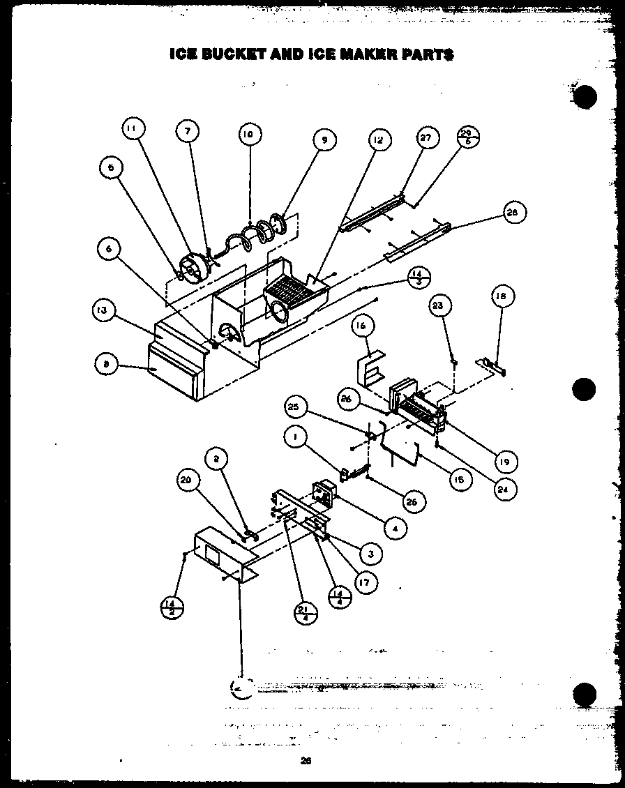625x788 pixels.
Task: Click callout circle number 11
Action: click(133, 128)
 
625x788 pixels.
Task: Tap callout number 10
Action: click(249, 134)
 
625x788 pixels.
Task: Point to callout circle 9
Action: click(323, 140)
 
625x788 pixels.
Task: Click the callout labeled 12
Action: click(377, 140)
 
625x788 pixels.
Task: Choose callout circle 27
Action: click(427, 138)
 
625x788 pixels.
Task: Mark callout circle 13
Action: click(103, 311)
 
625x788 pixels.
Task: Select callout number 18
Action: click(502, 296)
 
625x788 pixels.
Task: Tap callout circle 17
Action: click(363, 581)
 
